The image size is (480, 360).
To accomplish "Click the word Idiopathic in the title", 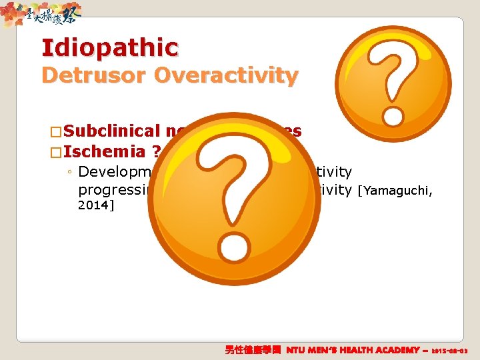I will click(110, 48).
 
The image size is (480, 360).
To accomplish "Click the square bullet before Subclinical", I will click(57, 131).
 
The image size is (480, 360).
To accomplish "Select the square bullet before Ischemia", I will click(57, 151).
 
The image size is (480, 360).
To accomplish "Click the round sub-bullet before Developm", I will click(70, 172).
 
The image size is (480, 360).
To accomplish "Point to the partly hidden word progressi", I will click(111, 191).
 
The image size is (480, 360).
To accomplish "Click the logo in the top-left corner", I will click(41, 13).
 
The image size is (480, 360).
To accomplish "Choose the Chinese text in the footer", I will click(254, 349).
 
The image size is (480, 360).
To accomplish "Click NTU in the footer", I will click(299, 349).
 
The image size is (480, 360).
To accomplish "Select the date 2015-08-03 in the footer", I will click(451, 350).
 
